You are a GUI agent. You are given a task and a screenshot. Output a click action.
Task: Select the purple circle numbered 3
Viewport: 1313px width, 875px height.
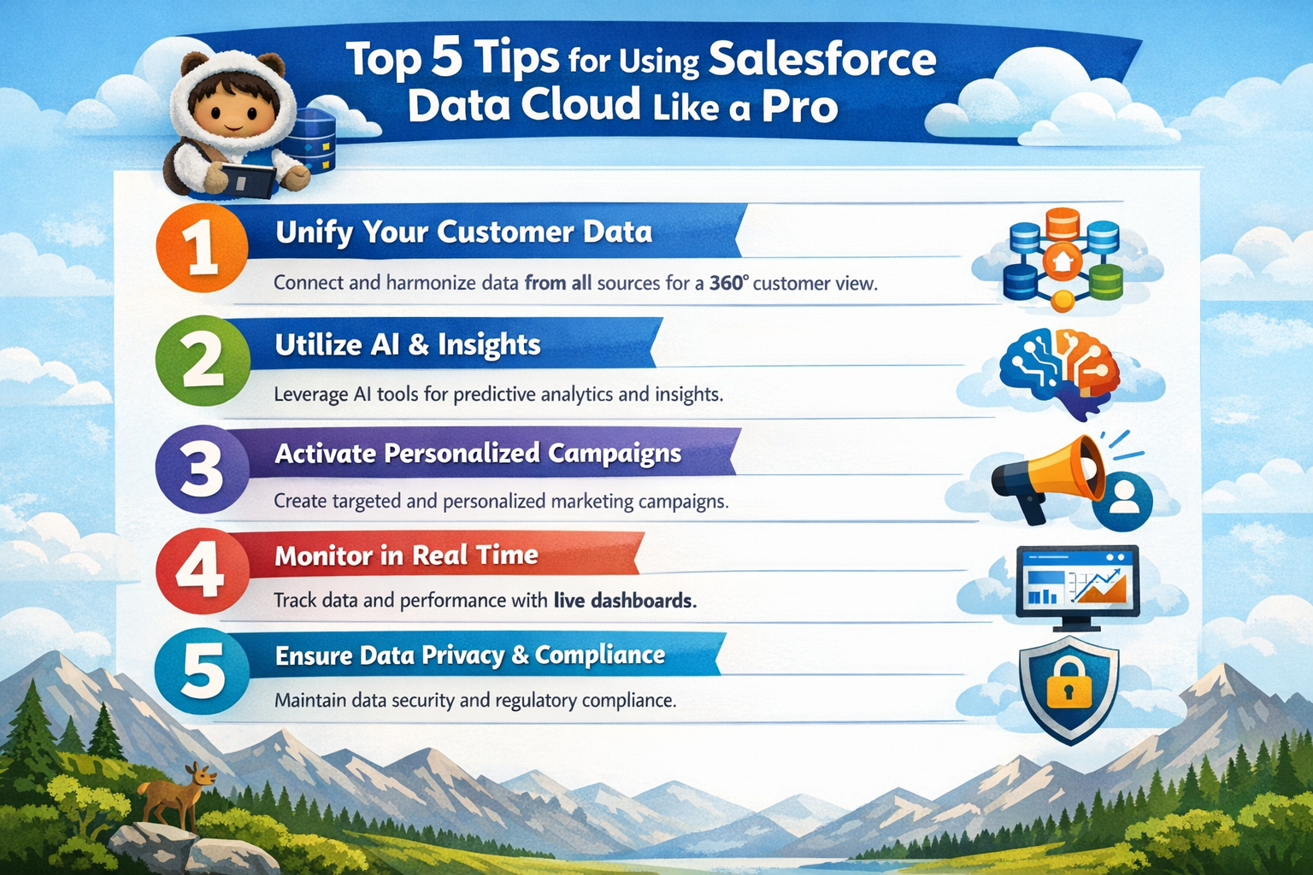coord(202,469)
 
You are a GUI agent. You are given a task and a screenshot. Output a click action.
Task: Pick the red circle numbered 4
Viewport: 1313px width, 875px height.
coord(202,570)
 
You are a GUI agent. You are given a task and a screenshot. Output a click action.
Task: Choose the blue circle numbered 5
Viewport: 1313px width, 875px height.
coord(202,672)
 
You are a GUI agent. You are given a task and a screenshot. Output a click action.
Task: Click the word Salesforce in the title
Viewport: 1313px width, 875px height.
coord(822,60)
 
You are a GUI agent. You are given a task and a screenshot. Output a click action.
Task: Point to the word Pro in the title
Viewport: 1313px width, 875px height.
coord(799,107)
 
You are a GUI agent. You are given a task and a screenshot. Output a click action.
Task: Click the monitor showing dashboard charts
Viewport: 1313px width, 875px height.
coord(1077,581)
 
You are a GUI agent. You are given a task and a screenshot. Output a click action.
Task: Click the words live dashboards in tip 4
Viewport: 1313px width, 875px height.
coord(624,601)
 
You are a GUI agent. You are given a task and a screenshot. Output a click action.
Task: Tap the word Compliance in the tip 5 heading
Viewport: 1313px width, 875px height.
coord(600,655)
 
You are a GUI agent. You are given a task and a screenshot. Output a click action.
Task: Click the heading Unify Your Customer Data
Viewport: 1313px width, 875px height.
coord(463,232)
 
